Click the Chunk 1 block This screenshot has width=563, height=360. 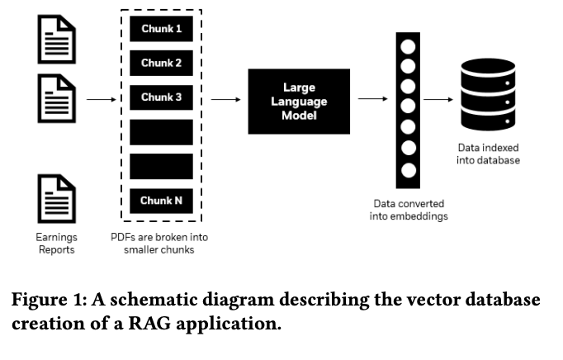[161, 29]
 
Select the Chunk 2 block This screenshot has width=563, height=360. [161, 63]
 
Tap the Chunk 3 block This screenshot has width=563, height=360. [161, 97]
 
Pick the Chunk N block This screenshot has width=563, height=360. [161, 201]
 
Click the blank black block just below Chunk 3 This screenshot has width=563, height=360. [161, 132]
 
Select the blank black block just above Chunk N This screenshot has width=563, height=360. [161, 166]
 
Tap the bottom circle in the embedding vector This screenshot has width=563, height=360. [407, 171]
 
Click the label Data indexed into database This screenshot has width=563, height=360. [488, 154]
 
